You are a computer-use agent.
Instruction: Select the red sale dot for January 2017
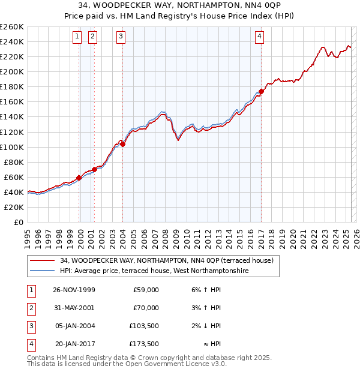[x=261, y=92]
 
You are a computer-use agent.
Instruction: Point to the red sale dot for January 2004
[x=122, y=144]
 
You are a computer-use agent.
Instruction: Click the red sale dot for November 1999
[x=79, y=178]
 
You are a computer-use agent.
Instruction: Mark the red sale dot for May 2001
[x=95, y=169]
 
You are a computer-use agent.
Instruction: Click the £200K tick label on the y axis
[x=11, y=71]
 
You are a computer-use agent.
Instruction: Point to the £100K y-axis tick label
[x=11, y=147]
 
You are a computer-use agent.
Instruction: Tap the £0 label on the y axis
[x=18, y=222]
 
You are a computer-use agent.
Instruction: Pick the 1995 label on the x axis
[x=28, y=236]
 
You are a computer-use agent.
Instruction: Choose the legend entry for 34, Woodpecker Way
[x=166, y=260]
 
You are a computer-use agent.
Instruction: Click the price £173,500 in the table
[x=144, y=344]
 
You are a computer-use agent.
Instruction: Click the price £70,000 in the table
[x=146, y=308]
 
